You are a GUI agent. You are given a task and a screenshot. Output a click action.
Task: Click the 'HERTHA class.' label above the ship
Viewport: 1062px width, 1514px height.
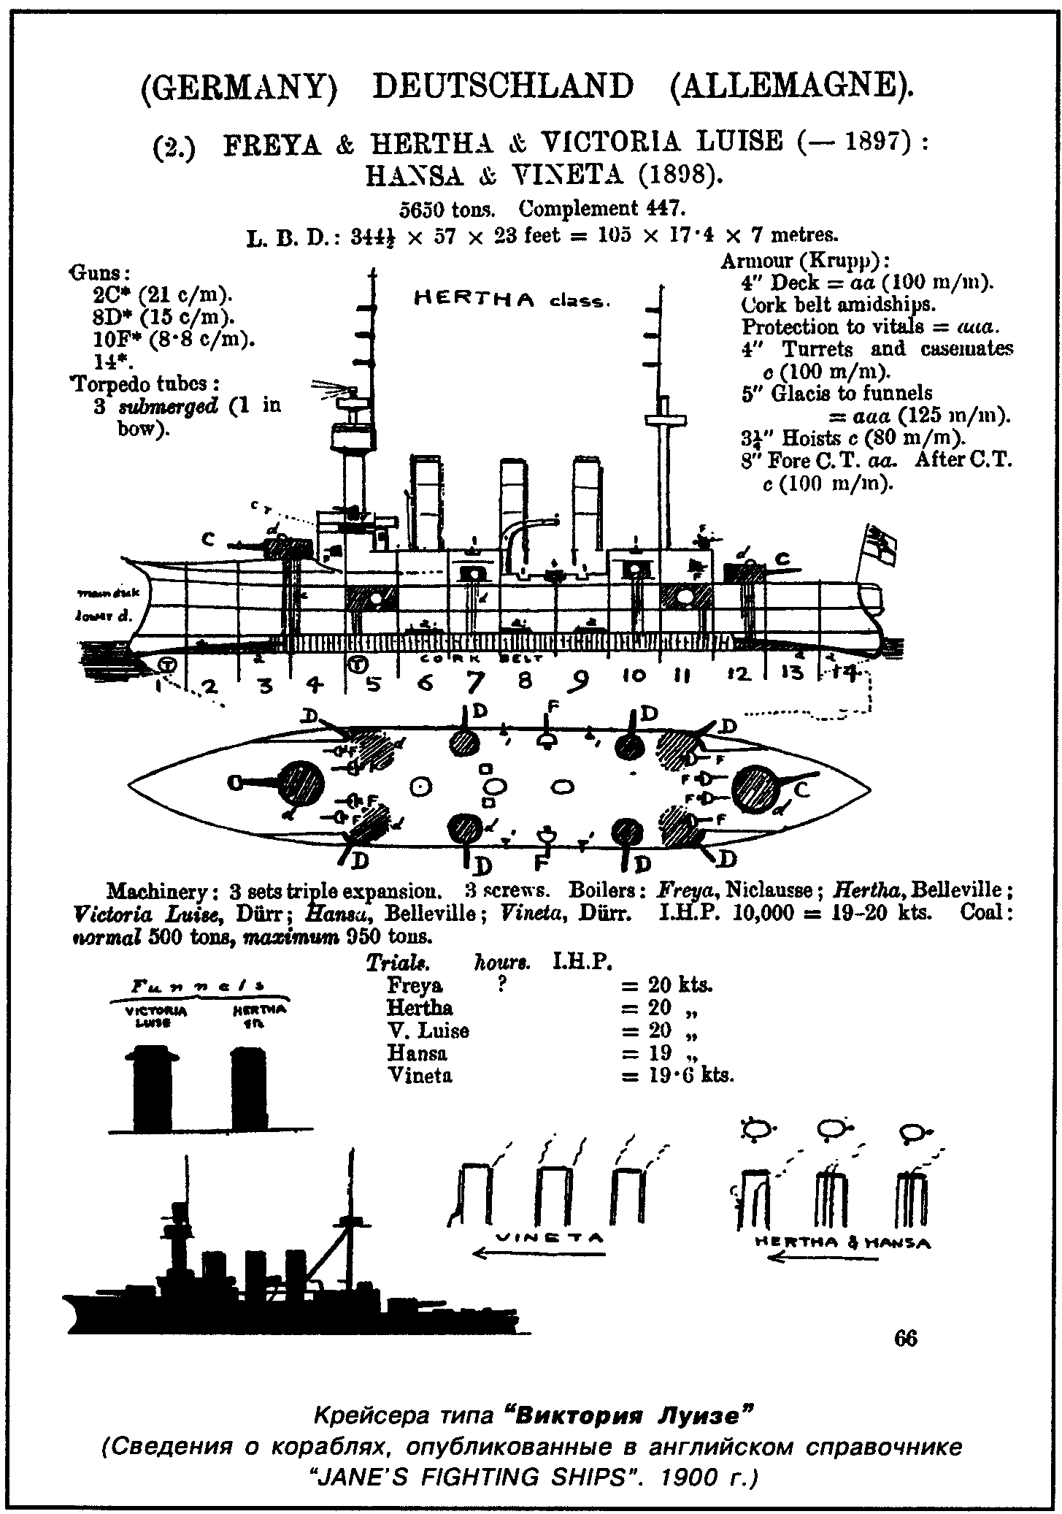tap(511, 299)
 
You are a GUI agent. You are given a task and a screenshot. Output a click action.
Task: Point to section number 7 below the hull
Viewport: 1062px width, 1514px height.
tap(474, 682)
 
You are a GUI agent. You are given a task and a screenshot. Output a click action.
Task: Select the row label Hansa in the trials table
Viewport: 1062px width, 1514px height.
tap(417, 1053)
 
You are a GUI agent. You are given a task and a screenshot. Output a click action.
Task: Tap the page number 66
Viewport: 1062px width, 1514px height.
tap(905, 1338)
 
